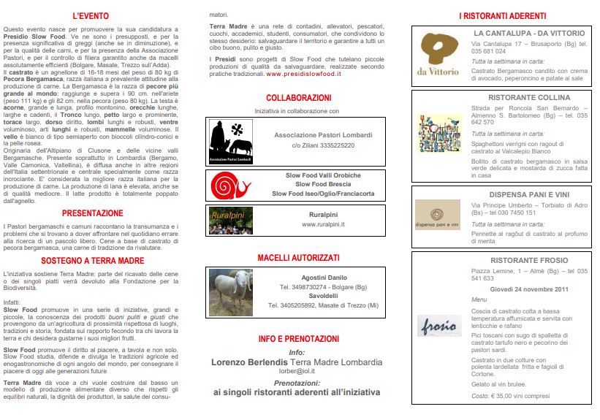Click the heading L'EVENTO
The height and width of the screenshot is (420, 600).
91,15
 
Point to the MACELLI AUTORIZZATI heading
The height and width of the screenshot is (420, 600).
298,258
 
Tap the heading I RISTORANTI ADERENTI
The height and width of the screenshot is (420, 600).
502,15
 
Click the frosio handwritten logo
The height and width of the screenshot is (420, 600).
438,325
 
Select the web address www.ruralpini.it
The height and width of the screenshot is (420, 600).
322,224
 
